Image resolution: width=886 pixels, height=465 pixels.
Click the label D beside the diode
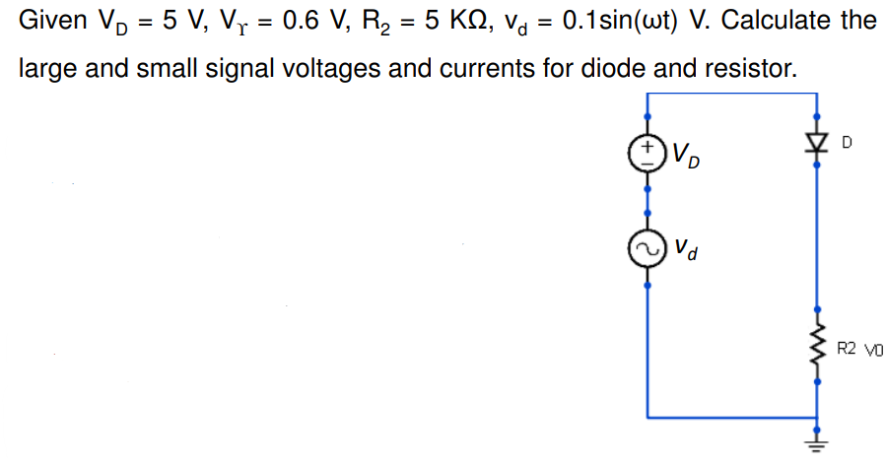848,145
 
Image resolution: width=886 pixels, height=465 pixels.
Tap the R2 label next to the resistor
847,348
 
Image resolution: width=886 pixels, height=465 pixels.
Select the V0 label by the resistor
875,348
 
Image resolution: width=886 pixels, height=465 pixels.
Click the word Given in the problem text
52,21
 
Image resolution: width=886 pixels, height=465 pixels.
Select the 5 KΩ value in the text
462,21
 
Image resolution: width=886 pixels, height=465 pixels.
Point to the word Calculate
780,21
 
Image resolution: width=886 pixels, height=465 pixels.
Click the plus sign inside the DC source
647,144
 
